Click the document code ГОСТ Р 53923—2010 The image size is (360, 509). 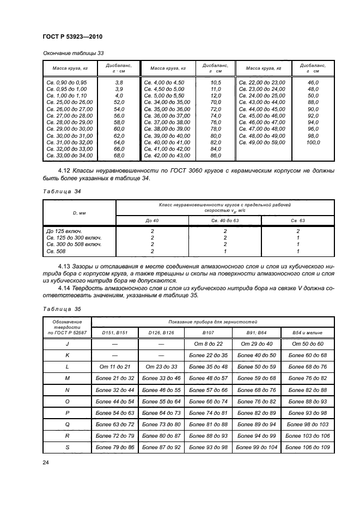click(x=72, y=36)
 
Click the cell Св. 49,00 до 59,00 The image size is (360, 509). click(x=263, y=142)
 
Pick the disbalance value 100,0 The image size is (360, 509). click(x=313, y=142)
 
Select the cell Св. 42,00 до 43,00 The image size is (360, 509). click(x=167, y=156)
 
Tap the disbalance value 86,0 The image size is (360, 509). click(x=216, y=156)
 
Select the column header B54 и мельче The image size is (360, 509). click(x=308, y=332)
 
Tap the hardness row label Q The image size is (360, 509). click(x=67, y=424)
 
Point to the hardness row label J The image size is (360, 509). click(x=67, y=344)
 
